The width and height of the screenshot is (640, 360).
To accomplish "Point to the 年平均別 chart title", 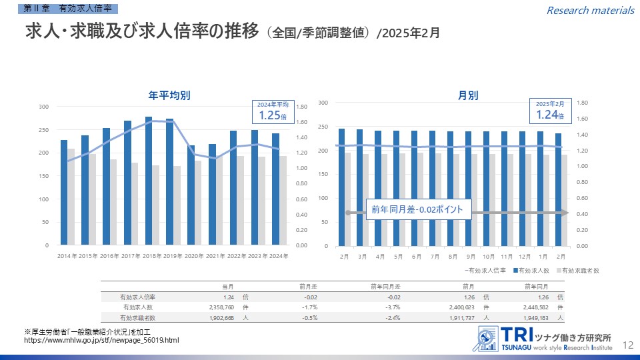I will click(x=169, y=95).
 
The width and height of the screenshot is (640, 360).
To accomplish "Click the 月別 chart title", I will click(x=468, y=95).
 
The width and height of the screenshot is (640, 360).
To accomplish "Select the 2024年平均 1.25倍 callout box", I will click(x=273, y=112).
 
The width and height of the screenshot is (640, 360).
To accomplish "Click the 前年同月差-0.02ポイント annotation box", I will click(x=418, y=210).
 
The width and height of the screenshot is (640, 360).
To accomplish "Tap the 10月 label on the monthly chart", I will click(x=488, y=257).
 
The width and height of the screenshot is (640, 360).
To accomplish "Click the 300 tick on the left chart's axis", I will click(x=43, y=107).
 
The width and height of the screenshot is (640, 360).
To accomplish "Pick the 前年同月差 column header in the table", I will click(x=385, y=286).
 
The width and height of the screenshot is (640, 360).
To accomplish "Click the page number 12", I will click(x=627, y=345).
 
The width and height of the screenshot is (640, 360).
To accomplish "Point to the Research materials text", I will click(x=590, y=10).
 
